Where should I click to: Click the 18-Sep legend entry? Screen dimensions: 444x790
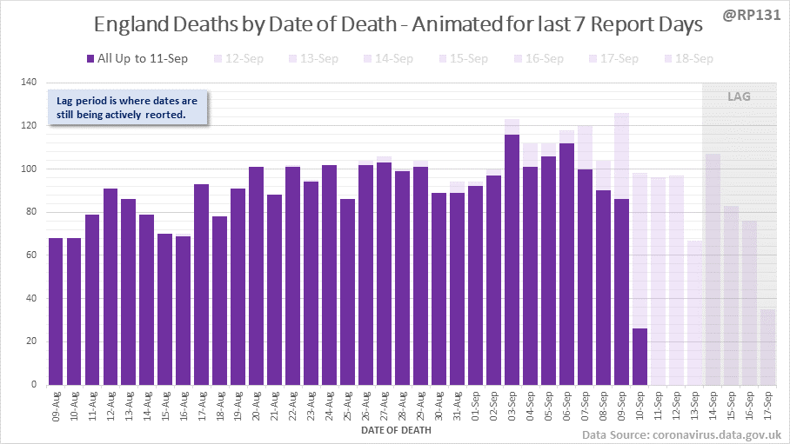(x=689, y=58)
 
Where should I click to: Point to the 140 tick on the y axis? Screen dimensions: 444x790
(x=29, y=83)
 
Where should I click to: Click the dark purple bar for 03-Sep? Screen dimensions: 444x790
(x=512, y=261)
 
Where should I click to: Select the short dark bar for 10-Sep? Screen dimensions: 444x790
(x=640, y=356)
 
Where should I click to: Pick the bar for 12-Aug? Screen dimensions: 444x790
(x=110, y=287)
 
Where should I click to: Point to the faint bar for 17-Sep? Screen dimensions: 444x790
(x=767, y=348)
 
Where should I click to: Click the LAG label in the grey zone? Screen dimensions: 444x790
(x=739, y=96)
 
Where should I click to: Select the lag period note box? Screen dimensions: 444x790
(x=127, y=108)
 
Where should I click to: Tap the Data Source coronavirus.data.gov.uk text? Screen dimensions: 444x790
(x=680, y=434)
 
